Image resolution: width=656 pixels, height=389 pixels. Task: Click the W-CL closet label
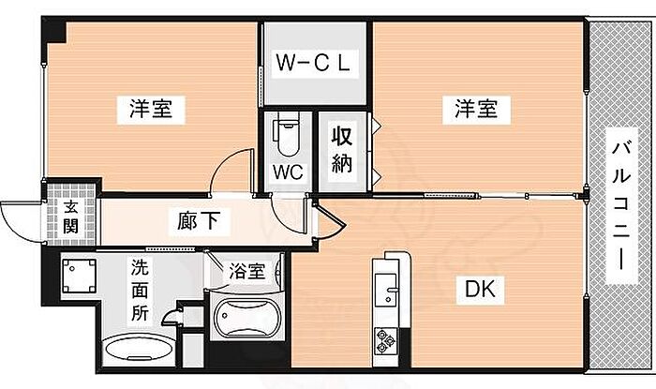tap(313, 64)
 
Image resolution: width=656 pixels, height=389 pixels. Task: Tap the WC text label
tap(286, 172)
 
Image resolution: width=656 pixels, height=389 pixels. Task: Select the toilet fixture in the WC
tap(286, 136)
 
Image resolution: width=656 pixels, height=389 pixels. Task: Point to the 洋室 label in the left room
tap(150, 109)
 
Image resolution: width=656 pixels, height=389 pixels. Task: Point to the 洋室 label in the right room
tap(477, 109)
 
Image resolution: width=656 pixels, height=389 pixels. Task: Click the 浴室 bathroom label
tap(247, 273)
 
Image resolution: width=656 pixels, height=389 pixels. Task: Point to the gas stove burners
tap(386, 338)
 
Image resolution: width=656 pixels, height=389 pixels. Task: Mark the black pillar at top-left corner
tap(56, 29)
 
